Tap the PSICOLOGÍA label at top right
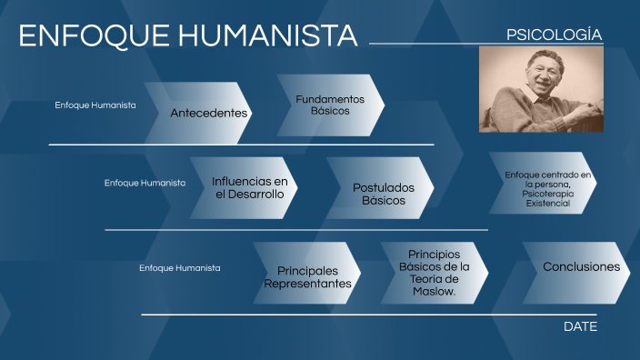pos(554,35)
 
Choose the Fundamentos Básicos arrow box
pos(330,105)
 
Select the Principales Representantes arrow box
pos(307,276)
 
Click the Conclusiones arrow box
pos(581,267)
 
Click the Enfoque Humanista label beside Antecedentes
pos(95,105)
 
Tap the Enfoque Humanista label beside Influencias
pos(145,183)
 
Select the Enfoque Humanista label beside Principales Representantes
pos(179,268)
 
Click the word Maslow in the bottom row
pos(433,292)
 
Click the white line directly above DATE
pos(364,315)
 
